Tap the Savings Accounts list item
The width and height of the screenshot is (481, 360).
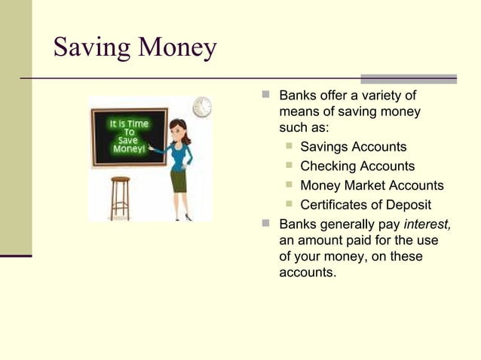tap(353, 147)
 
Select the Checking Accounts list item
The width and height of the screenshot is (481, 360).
tap(357, 166)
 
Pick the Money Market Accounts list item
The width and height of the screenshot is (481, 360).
tap(372, 185)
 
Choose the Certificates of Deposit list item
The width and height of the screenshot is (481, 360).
tap(366, 205)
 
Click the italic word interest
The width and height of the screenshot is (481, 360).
tap(427, 224)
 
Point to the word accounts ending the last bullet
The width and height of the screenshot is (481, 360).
tap(307, 273)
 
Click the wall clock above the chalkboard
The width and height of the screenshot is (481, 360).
tap(202, 107)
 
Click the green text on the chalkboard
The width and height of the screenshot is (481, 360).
tap(130, 136)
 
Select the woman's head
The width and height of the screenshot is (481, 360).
tap(179, 129)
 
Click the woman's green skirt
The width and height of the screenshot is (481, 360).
tap(178, 181)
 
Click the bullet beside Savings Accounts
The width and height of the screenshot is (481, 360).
tap(289, 147)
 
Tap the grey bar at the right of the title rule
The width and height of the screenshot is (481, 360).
tap(408, 78)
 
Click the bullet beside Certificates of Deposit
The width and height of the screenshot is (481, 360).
tap(289, 205)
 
